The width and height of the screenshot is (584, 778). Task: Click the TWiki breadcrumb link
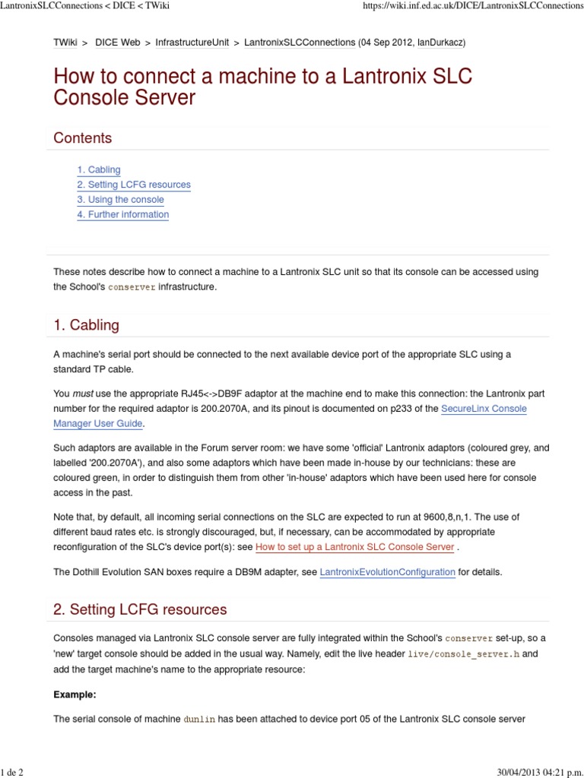[65, 43]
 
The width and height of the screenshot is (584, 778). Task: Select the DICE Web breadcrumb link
[117, 43]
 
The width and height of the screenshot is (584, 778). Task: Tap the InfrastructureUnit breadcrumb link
[192, 43]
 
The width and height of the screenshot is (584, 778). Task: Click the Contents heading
[82, 138]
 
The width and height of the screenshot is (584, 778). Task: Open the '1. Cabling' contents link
[98, 170]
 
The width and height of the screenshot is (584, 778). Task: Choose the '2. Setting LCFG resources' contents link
[133, 185]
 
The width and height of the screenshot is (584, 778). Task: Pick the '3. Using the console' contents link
[120, 200]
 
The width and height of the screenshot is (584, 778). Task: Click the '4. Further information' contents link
[122, 214]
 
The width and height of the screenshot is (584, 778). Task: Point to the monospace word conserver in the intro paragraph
[132, 287]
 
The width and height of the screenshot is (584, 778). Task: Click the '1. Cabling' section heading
[86, 325]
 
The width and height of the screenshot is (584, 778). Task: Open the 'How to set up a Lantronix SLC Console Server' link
[355, 547]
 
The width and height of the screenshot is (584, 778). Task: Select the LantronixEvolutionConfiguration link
[388, 572]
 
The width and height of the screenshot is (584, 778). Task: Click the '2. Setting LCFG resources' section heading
[140, 609]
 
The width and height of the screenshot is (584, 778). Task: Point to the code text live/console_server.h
[463, 653]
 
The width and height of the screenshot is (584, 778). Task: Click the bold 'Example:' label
[75, 694]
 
